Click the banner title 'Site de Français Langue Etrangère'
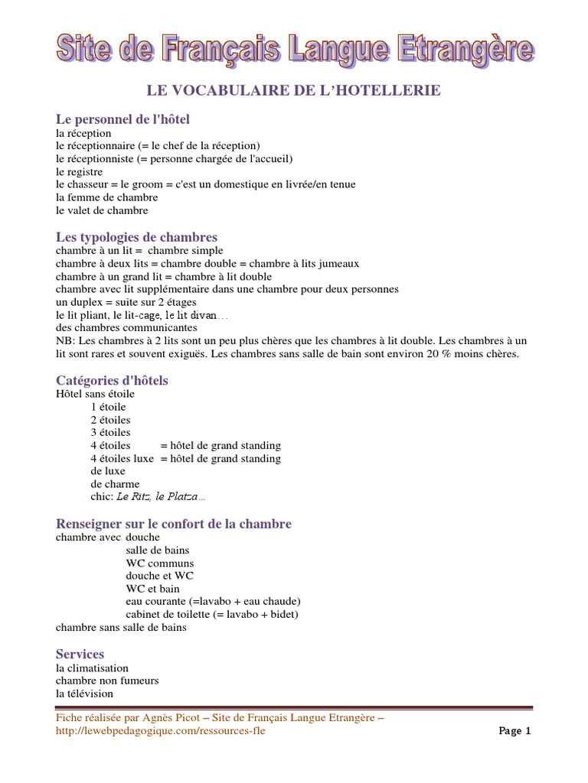point(294,50)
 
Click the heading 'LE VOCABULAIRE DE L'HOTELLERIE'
point(294,91)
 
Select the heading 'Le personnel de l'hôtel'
point(122,119)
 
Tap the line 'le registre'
point(79,172)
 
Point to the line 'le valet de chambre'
point(102,210)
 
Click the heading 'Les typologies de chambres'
point(136,237)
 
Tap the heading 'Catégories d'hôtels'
point(112,380)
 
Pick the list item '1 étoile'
point(108,407)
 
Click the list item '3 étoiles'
point(110,433)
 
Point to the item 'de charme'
point(115,484)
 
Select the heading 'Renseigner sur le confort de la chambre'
point(174,524)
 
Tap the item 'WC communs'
point(160,564)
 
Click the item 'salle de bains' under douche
point(158,551)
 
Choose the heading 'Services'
point(80,655)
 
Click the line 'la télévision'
point(84,694)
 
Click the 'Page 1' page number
point(514,731)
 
